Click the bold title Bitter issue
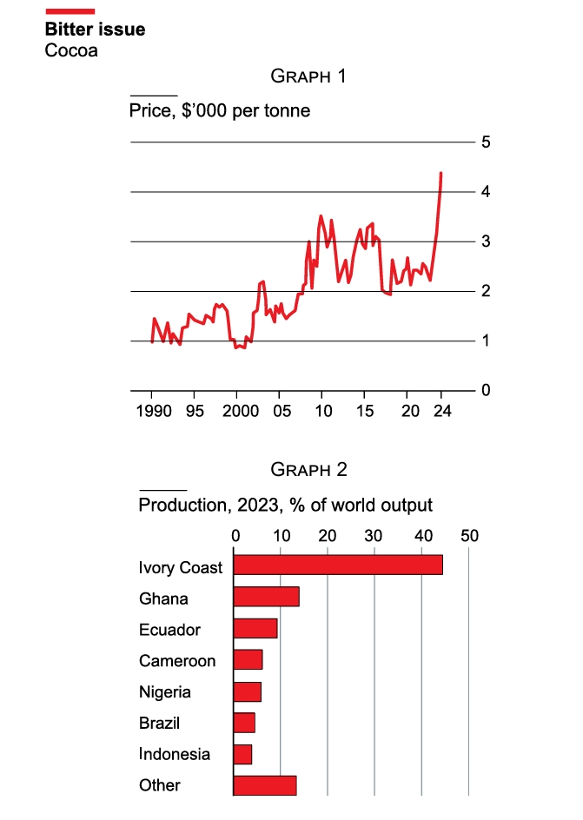tap(95, 30)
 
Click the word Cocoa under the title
tap(71, 50)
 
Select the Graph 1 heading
tap(308, 76)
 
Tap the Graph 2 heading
tap(308, 470)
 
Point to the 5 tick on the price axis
tap(487, 142)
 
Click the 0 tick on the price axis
tap(487, 391)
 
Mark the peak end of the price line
tap(441, 174)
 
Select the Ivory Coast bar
tap(338, 565)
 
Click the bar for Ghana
tap(267, 596)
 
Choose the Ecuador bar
tap(255, 628)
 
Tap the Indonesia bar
tap(243, 753)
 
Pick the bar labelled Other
tap(265, 784)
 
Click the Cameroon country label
tap(177, 661)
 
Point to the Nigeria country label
tap(165, 692)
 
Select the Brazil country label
tap(160, 723)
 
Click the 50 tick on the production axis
tap(469, 536)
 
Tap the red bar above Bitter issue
tap(70, 10)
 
